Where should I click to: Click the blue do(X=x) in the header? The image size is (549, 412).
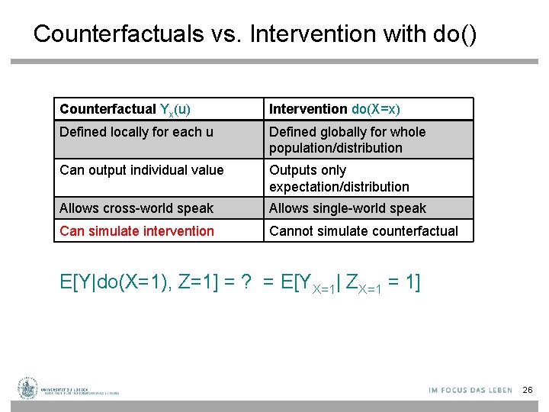(x=376, y=109)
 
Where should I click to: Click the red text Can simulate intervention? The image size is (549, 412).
(x=136, y=231)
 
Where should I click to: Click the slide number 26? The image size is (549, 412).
(x=528, y=391)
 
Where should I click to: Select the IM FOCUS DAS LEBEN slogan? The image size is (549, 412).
(x=470, y=391)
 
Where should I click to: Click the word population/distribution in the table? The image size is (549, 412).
(x=335, y=148)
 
